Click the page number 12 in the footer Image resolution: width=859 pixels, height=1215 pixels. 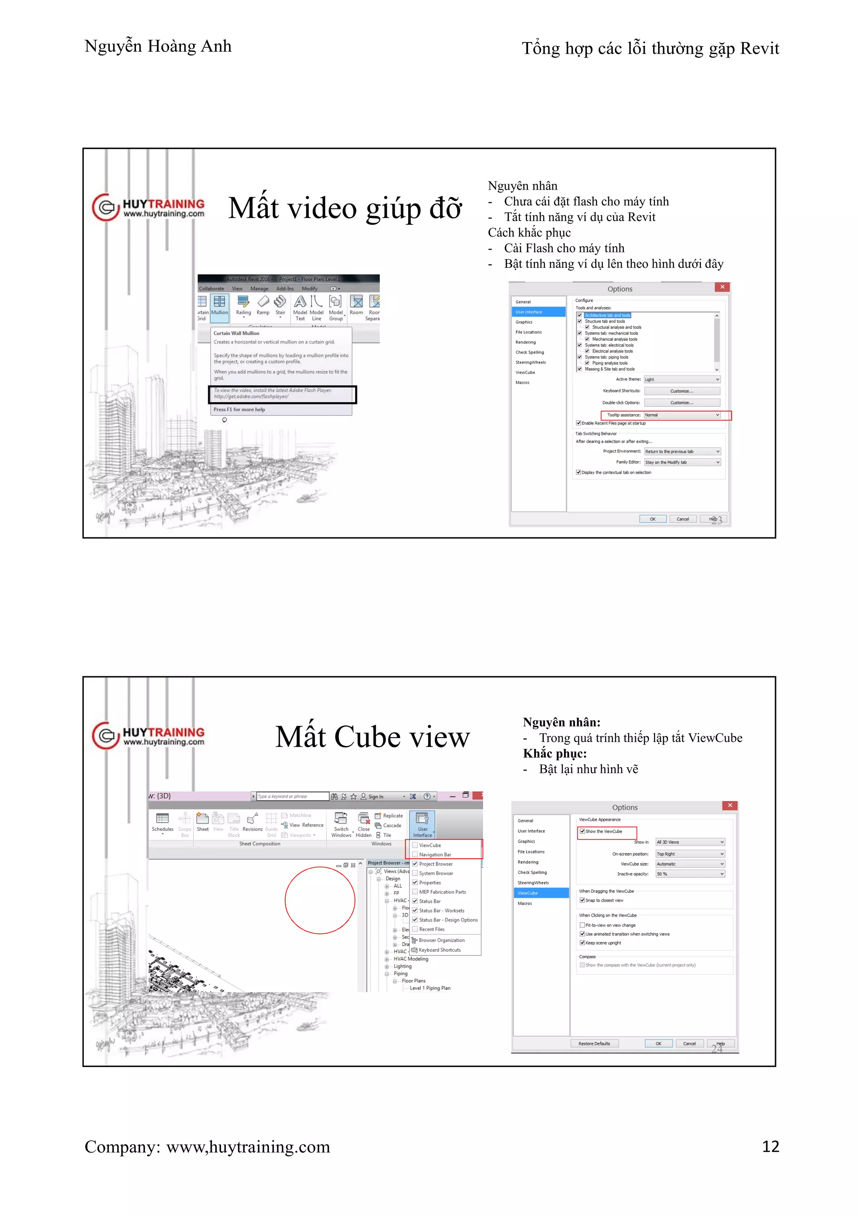770,1146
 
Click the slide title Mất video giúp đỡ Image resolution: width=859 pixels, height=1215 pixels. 345,208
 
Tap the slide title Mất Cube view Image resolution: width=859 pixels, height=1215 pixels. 372,737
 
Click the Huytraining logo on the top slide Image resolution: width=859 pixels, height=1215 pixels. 148,207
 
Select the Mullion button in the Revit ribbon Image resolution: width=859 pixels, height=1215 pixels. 219,306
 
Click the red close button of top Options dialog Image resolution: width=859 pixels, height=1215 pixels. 722,287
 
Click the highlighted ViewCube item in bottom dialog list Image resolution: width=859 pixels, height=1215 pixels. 541,893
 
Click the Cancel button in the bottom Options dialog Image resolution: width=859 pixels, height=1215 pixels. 689,1043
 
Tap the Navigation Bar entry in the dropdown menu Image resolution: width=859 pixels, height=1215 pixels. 435,855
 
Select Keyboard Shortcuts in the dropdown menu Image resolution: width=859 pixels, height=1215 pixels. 439,950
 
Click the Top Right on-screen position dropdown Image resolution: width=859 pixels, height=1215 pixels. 690,854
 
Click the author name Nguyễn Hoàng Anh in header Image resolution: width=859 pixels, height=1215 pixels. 158,47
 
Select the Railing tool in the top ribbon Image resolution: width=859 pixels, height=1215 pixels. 243,306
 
